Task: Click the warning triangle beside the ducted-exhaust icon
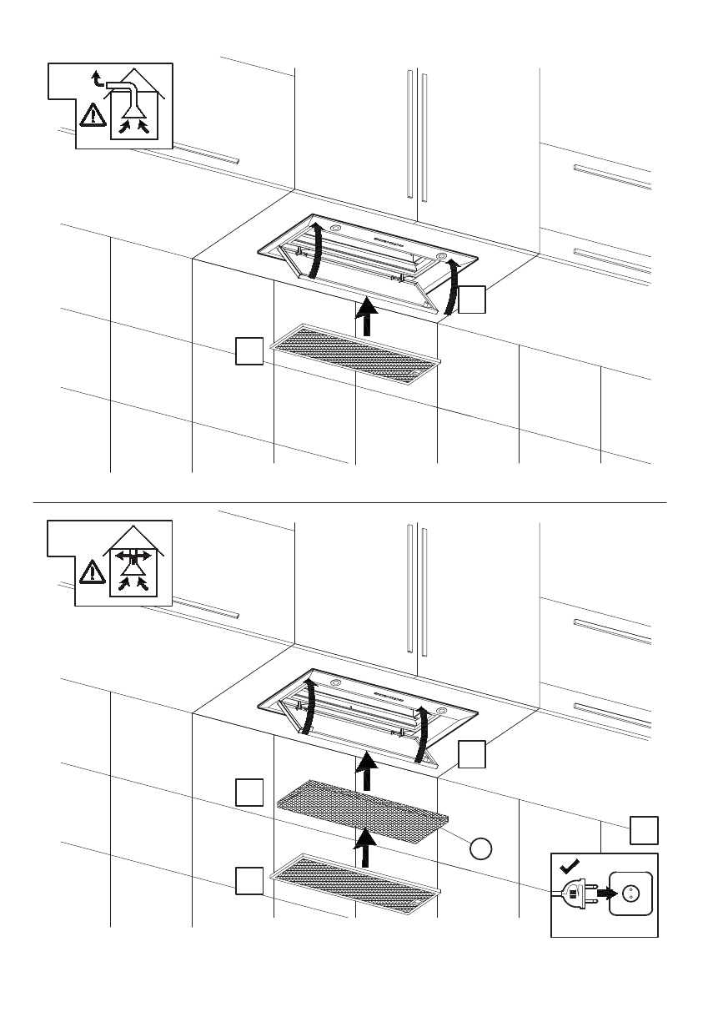pyautogui.click(x=92, y=115)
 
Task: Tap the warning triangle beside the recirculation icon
pyautogui.click(x=92, y=572)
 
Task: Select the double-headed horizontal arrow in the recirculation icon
pyautogui.click(x=133, y=554)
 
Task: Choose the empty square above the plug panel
pyautogui.click(x=643, y=830)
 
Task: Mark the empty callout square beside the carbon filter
pyautogui.click(x=249, y=792)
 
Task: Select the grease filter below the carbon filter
pyautogui.click(x=355, y=883)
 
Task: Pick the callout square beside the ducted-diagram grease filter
pyautogui.click(x=249, y=351)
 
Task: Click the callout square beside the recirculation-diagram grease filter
pyautogui.click(x=249, y=880)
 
